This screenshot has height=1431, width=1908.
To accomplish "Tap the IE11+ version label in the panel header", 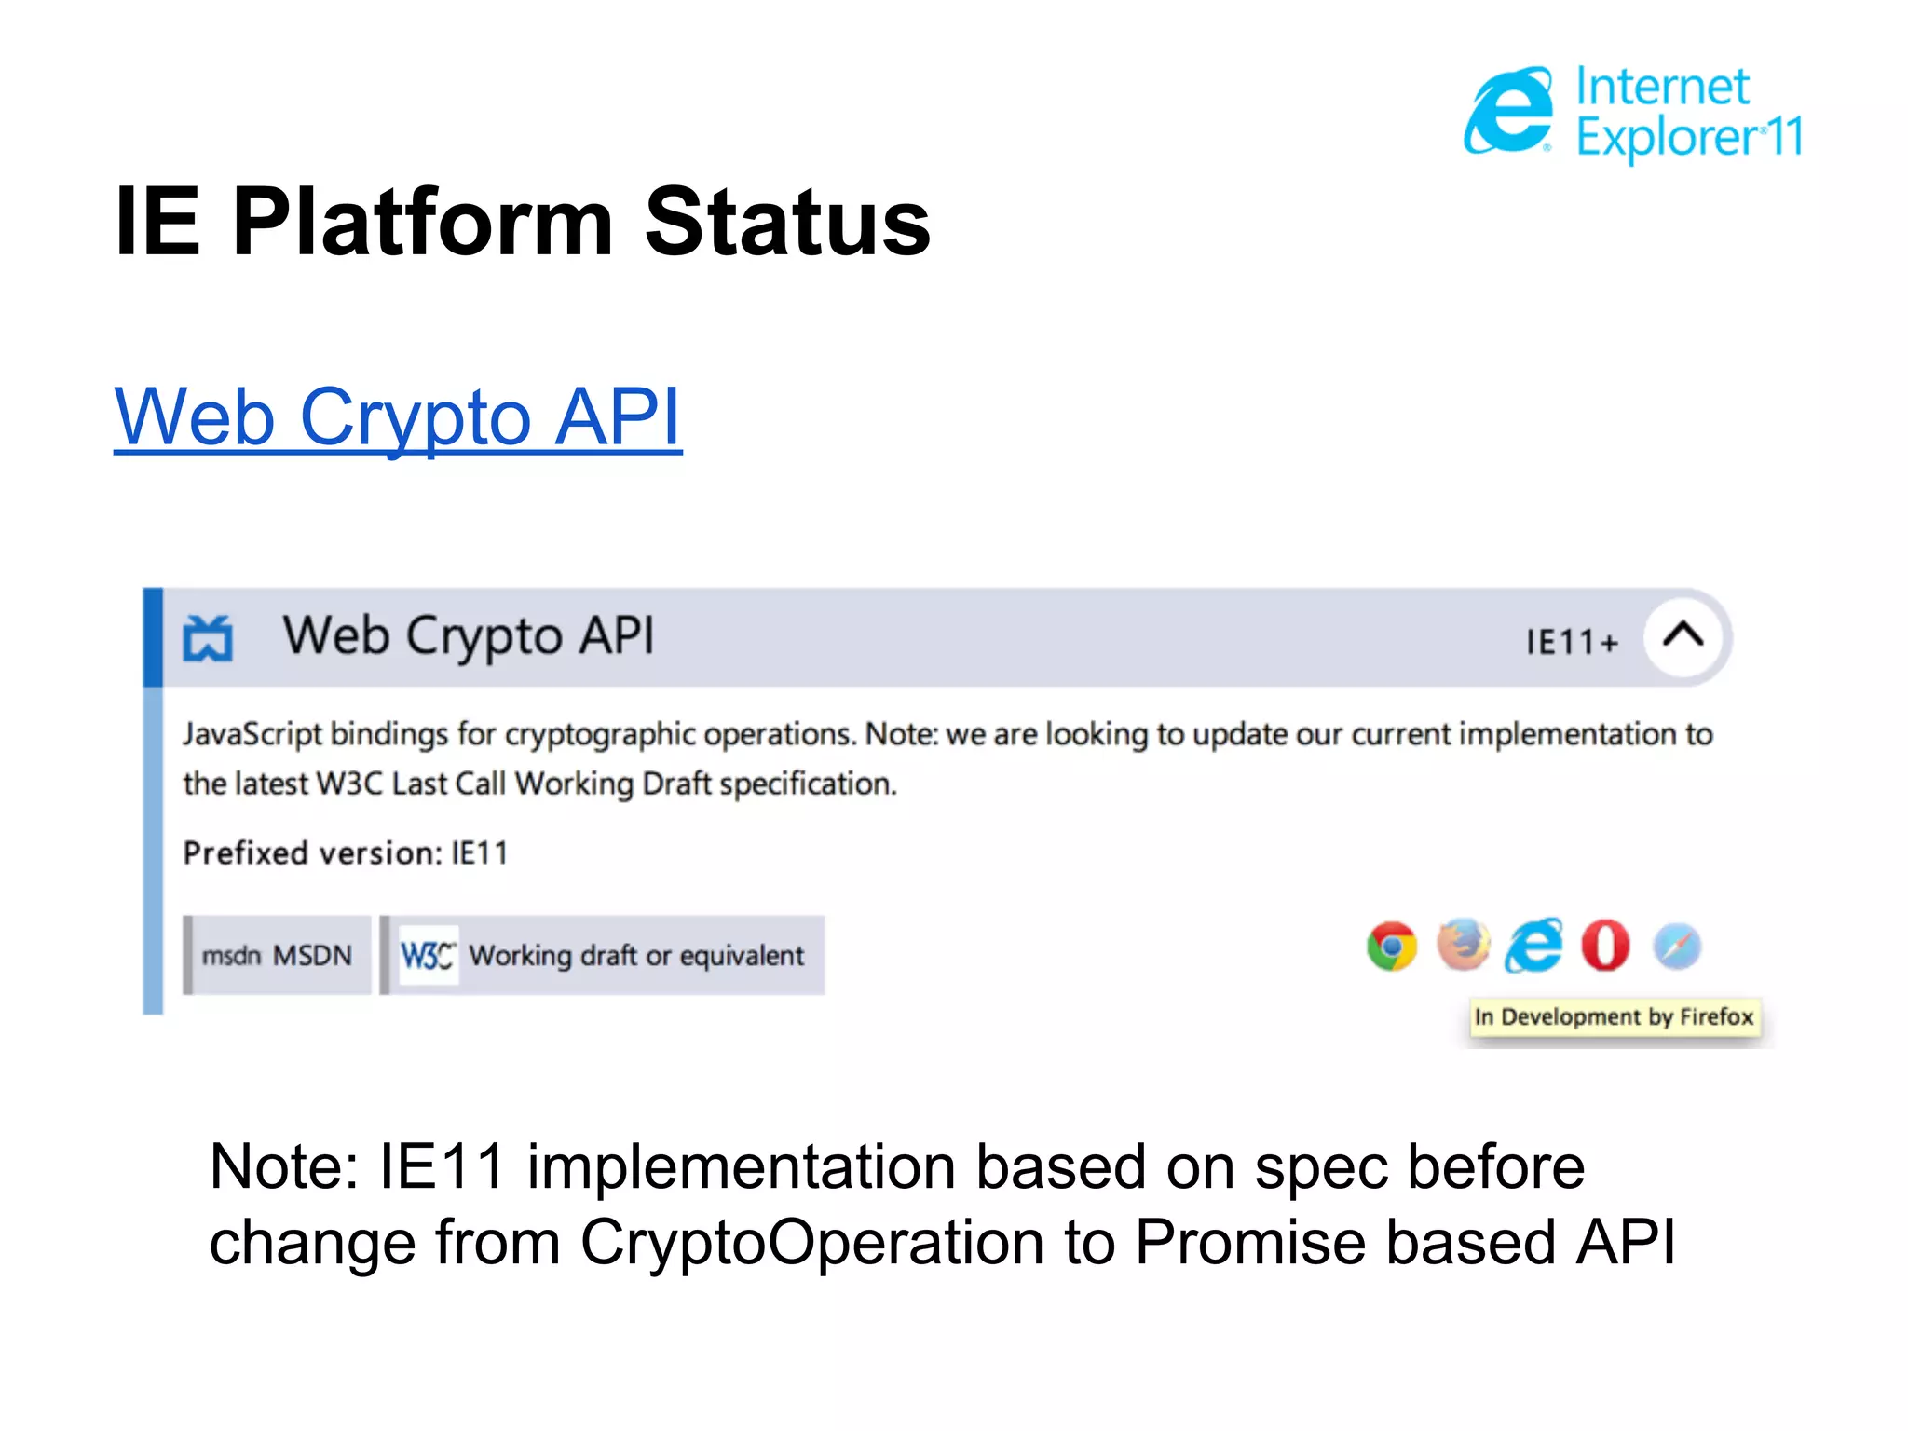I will (x=1572, y=642).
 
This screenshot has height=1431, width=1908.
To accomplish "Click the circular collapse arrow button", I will (x=1683, y=637).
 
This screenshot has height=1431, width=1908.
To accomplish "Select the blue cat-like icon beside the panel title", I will (x=207, y=638).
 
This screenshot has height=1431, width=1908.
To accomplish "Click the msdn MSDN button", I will (x=278, y=955).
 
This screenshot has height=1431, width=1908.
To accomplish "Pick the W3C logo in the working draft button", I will (x=427, y=955).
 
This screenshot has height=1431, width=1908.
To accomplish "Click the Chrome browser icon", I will (x=1392, y=947).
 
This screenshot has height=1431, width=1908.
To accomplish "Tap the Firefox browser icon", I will (x=1463, y=945).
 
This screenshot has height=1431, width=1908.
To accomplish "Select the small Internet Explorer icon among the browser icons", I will (x=1533, y=946).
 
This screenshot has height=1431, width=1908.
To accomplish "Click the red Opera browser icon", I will (x=1605, y=946).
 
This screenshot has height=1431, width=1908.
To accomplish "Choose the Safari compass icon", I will (x=1677, y=947).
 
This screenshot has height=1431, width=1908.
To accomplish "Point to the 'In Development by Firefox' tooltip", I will (x=1614, y=1016).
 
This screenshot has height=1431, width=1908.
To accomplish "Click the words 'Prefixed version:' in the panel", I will (x=312, y=852).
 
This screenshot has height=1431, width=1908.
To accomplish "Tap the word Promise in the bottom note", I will (x=1249, y=1242).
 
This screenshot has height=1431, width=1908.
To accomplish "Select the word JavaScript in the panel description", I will (x=252, y=734).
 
